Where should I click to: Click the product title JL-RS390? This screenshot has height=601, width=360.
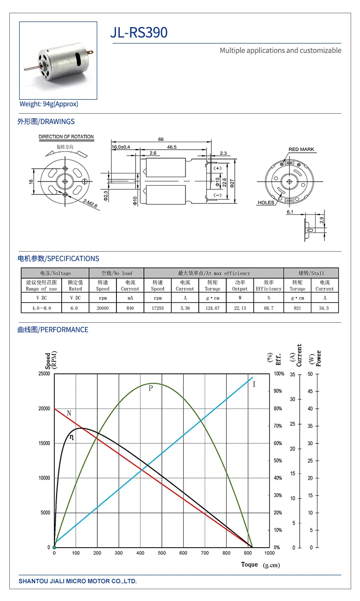tap(138, 32)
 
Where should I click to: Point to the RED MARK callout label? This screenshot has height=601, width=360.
tap(301, 150)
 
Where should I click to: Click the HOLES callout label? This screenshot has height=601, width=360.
tap(266, 203)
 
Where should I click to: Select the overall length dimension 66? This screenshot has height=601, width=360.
tap(161, 139)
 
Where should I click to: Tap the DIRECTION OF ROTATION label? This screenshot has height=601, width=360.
tap(66, 137)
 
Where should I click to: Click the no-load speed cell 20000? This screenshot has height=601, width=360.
tap(102, 308)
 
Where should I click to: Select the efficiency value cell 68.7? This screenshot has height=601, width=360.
tap(268, 308)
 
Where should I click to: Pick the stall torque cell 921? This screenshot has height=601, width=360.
tap(297, 308)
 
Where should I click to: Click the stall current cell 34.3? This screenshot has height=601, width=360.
tap(324, 308)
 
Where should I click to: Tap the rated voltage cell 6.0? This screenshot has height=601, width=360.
tap(75, 308)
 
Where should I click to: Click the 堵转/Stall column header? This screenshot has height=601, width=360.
tap(311, 273)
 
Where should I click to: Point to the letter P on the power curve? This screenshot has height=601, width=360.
tap(151, 388)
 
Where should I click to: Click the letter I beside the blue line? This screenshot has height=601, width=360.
tap(254, 384)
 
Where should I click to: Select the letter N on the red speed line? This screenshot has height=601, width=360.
tap(69, 413)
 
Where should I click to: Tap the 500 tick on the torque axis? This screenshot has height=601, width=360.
tap(162, 553)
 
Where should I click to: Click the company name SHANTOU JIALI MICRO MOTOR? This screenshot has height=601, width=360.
tap(78, 581)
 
